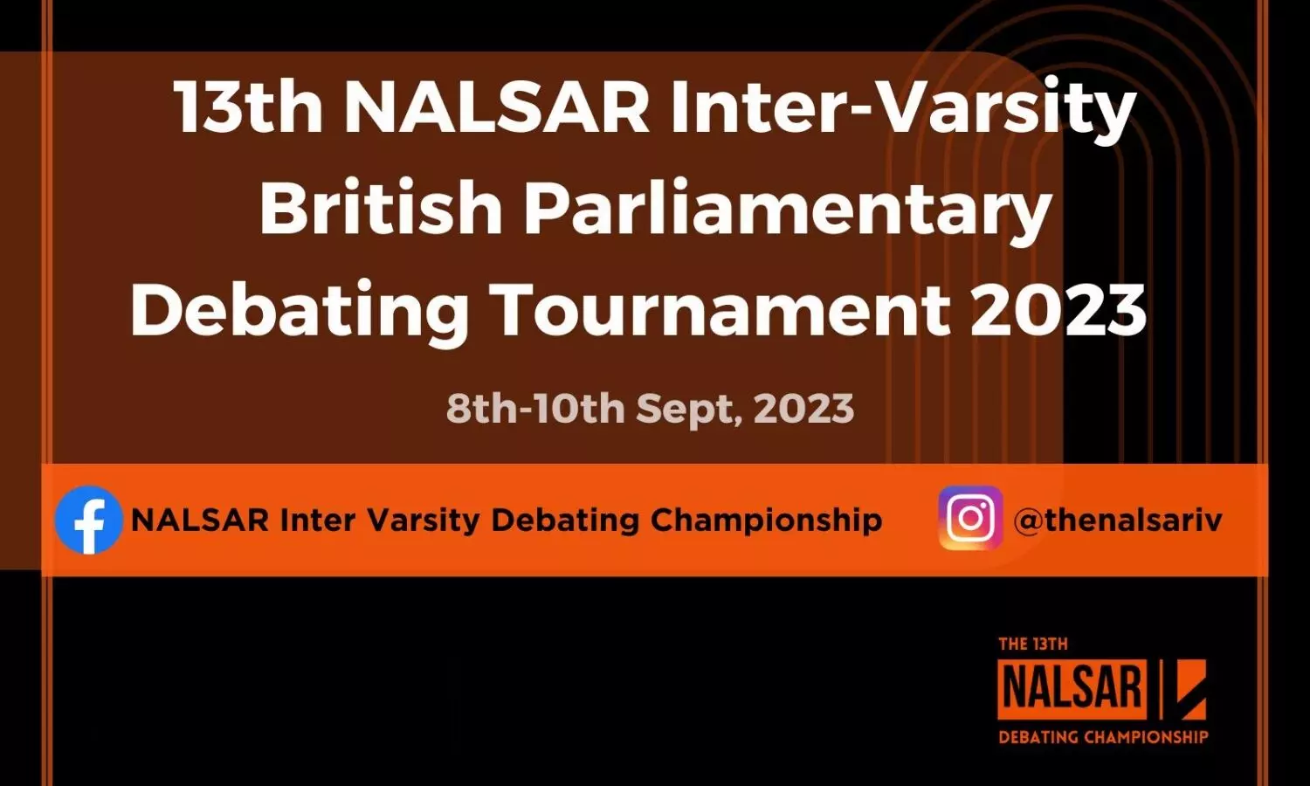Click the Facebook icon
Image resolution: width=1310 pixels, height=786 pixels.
click(x=89, y=520)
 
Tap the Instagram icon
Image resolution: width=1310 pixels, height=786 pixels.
click(x=971, y=518)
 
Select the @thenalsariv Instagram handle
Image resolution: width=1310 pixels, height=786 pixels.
click(x=1118, y=520)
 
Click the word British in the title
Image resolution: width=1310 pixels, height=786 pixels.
click(x=381, y=208)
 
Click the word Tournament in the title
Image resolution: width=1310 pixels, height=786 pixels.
click(x=723, y=308)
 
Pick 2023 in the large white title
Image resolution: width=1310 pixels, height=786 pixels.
click(x=1058, y=309)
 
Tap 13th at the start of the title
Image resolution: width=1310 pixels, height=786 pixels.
click(x=249, y=106)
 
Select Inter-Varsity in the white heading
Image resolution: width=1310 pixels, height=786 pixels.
click(x=903, y=111)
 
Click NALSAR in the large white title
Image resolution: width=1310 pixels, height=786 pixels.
click(x=497, y=106)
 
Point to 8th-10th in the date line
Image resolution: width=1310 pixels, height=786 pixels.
click(x=535, y=408)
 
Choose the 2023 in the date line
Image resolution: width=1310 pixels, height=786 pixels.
click(x=804, y=408)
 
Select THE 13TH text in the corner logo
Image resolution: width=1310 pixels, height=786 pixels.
click(x=1033, y=644)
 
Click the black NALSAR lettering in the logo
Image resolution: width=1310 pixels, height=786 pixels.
click(x=1072, y=690)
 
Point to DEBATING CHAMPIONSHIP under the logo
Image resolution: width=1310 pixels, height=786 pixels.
click(x=1103, y=736)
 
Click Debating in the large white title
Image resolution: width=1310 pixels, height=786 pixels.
click(x=299, y=313)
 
